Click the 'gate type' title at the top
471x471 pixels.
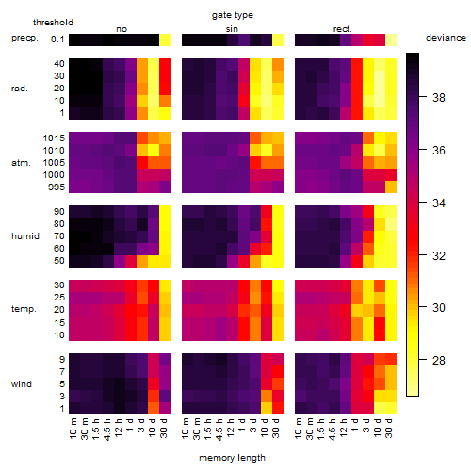[x=233, y=15]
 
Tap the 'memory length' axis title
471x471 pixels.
[x=232, y=458]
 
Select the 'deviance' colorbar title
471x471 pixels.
[x=446, y=38]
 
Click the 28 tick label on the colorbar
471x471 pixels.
[x=439, y=360]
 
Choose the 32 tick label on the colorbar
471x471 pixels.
[x=439, y=255]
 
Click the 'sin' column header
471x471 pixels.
[x=232, y=29]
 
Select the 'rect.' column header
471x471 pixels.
[x=342, y=29]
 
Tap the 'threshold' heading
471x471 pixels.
[x=53, y=23]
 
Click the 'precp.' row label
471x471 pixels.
[x=24, y=38]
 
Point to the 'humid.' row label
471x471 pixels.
[x=26, y=236]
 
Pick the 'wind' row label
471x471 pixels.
[x=22, y=384]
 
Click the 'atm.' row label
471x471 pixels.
[x=21, y=163]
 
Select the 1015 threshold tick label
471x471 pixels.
[x=54, y=138]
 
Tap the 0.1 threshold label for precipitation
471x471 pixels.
[x=57, y=40]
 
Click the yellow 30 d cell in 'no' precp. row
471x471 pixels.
[x=165, y=41]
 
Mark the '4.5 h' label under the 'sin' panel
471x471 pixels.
[x=219, y=430]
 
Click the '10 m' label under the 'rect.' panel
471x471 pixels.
[x=299, y=428]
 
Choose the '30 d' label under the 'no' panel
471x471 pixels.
[x=164, y=428]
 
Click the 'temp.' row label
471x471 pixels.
[x=24, y=309]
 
